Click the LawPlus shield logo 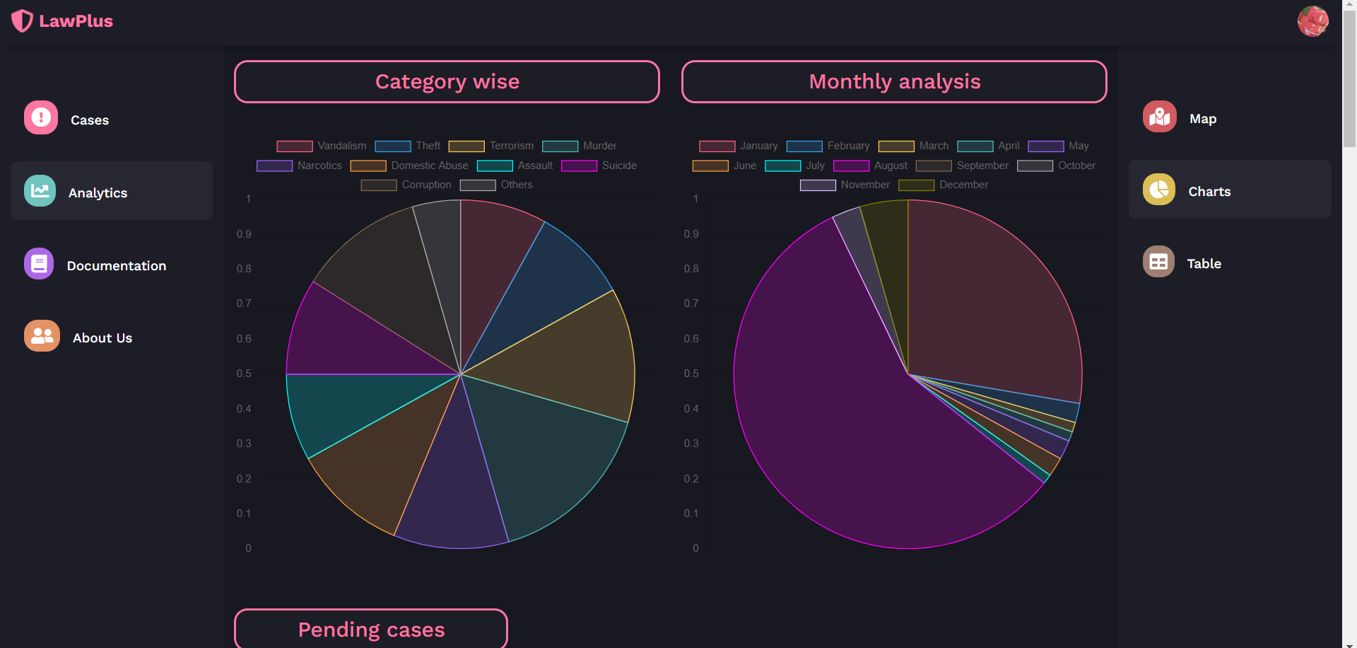[22, 21]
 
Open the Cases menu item [89, 120]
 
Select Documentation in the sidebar [116, 266]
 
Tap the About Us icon [42, 336]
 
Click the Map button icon [1159, 117]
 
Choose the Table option [1203, 264]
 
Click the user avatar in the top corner [1312, 21]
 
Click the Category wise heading [447, 82]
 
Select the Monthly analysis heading [894, 82]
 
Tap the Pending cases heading [371, 630]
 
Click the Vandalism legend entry [322, 146]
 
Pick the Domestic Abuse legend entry [409, 166]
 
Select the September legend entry [962, 166]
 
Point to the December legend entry [944, 185]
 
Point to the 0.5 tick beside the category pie [244, 374]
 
